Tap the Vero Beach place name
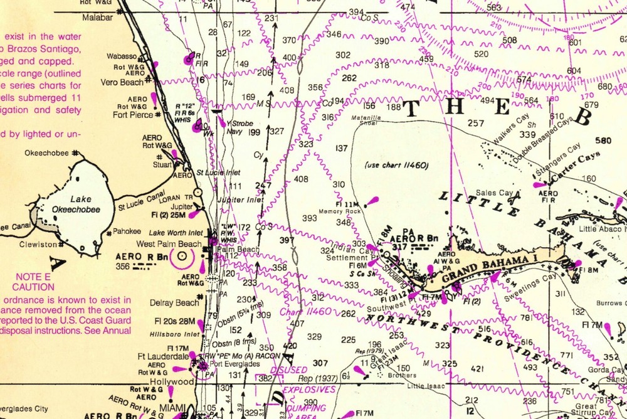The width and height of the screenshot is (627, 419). click(x=122, y=82)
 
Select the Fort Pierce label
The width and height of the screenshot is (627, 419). click(x=132, y=115)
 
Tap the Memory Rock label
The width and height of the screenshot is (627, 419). click(x=349, y=211)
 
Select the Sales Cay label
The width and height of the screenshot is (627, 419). click(x=495, y=193)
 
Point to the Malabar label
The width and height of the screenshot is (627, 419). click(x=97, y=18)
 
